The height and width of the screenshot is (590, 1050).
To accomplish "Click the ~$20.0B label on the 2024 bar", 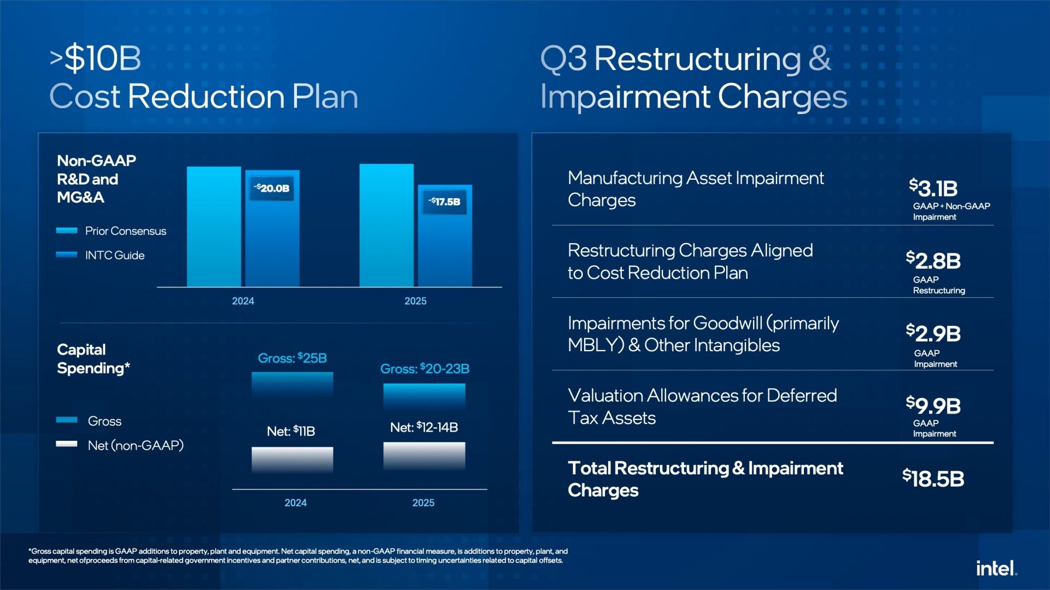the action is click(272, 188).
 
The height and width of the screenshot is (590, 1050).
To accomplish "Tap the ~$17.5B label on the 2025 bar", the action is click(445, 202).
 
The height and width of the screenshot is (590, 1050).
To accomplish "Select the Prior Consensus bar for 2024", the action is click(214, 227).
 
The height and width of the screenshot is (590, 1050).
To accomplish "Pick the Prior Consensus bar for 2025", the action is click(387, 225).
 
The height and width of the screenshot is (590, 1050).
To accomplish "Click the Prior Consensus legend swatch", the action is click(67, 231).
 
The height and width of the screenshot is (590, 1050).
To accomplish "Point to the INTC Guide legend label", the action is click(115, 255).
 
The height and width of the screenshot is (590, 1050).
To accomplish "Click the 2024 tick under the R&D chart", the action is click(243, 301).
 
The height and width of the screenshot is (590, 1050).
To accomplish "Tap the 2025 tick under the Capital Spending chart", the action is click(423, 503).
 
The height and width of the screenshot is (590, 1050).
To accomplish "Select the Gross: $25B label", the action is click(293, 358).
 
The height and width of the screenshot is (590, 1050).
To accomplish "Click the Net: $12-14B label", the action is click(424, 427).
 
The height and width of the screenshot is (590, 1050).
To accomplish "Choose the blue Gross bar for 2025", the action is click(424, 397).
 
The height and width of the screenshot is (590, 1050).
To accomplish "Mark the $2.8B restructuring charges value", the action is click(933, 261).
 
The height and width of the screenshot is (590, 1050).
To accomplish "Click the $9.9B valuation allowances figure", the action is click(933, 405).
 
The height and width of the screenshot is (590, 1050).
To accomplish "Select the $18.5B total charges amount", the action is click(933, 479).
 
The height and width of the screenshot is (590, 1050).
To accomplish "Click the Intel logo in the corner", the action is click(996, 568).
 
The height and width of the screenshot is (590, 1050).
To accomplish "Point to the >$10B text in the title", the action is click(95, 58).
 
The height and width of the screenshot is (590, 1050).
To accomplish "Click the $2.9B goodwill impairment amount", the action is click(933, 333).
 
